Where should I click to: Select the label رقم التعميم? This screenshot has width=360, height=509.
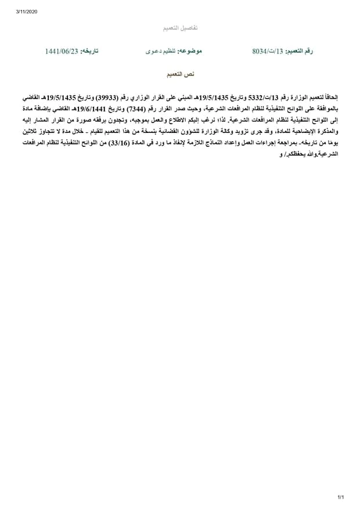(299, 52)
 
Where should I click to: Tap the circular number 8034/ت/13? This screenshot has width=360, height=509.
(267, 52)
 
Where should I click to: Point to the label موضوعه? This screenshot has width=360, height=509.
(190, 52)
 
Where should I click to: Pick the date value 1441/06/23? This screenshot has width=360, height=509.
(61, 52)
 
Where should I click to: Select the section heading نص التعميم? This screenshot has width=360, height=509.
(180, 75)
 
